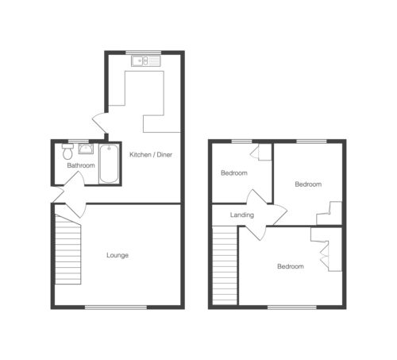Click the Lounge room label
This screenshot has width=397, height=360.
click(x=118, y=255)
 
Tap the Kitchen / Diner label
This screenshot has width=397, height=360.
click(x=151, y=155)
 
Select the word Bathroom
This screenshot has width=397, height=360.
click(x=81, y=165)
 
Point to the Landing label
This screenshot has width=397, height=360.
click(x=242, y=215)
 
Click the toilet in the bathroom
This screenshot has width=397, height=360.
click(x=67, y=152)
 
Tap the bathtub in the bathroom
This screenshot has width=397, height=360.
click(x=109, y=164)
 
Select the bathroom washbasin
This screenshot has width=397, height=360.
click(x=86, y=149)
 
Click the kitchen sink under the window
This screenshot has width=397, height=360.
click(x=146, y=61)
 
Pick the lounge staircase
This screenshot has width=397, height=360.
click(x=68, y=250)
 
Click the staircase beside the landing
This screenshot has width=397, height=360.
click(x=225, y=265)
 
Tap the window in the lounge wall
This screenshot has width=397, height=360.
click(x=116, y=308)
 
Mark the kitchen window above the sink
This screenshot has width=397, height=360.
click(x=143, y=52)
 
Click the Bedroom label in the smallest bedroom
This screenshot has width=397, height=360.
click(x=234, y=173)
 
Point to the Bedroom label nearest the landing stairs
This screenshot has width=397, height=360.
click(x=291, y=266)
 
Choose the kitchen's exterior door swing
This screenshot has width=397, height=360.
click(x=101, y=123)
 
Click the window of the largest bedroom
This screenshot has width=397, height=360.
click(x=292, y=308)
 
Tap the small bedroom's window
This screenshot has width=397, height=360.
click(x=242, y=141)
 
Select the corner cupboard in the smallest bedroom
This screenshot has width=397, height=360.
click(x=261, y=152)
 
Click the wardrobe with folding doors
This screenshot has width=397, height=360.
click(x=327, y=250)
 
